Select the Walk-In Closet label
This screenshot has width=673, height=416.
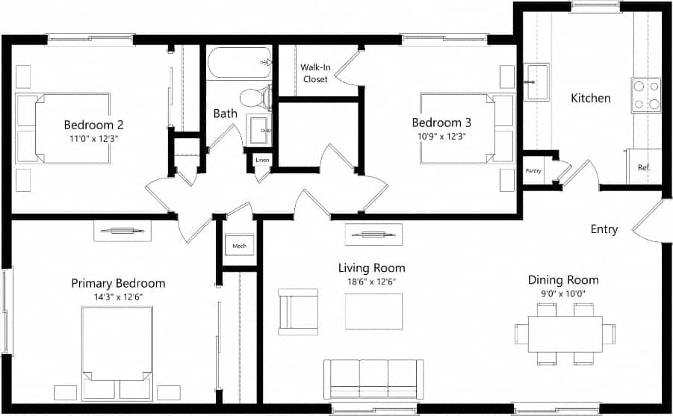pyautogui.click(x=314, y=73)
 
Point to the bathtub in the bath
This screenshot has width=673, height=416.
pyautogui.click(x=240, y=63)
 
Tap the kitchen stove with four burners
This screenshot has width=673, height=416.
pyautogui.click(x=646, y=95)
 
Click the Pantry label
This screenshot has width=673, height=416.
pyautogui.click(x=533, y=171)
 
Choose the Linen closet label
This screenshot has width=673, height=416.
pyautogui.click(x=262, y=161)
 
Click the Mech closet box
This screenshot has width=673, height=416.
pyautogui.click(x=239, y=245)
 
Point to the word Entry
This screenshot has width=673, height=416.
pyautogui.click(x=604, y=229)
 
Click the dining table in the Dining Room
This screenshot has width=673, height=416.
pyautogui.click(x=565, y=334)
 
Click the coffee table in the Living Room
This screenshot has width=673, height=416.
pyautogui.click(x=373, y=311)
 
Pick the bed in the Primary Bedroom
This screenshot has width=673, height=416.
pyautogui.click(x=117, y=351)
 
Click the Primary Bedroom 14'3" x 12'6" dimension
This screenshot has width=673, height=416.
pyautogui.click(x=118, y=297)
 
